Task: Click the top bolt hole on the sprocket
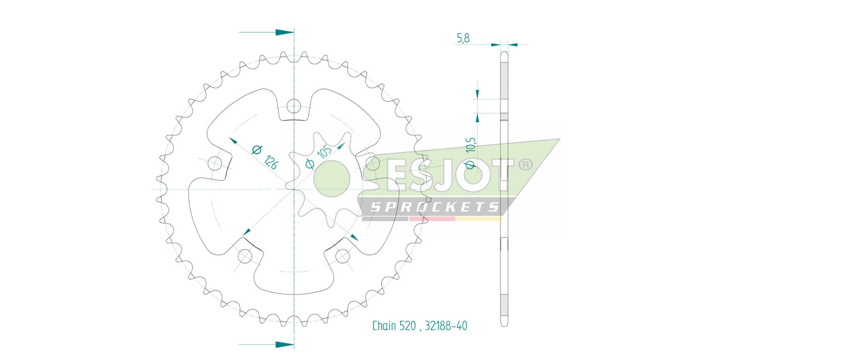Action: coord(293,107)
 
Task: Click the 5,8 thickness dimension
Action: coord(463,39)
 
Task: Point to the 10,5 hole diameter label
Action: coord(470,153)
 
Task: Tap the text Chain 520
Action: coord(393,325)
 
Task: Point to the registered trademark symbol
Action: coord(525,164)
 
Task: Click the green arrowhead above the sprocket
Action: coord(284,32)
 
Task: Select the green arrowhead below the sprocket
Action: coord(284,344)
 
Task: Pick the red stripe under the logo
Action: coord(431,219)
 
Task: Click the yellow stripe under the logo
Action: coord(479,219)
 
